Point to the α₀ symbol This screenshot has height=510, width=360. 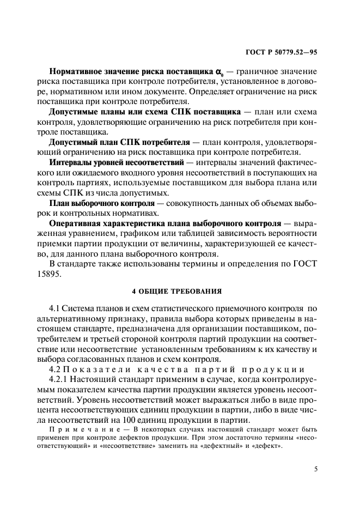click(x=219, y=72)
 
